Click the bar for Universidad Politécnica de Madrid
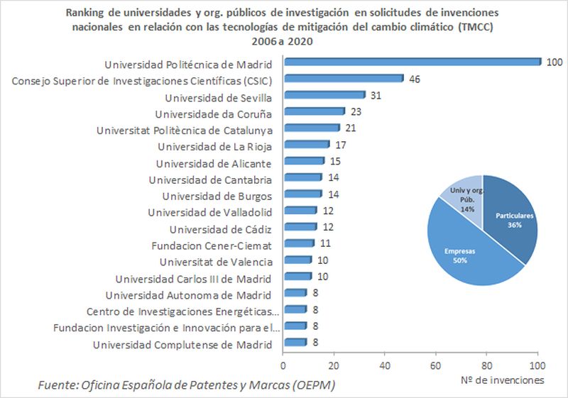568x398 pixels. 412,62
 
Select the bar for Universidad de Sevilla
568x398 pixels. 324,95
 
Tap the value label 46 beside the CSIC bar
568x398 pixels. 415,79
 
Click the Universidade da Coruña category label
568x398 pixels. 214,114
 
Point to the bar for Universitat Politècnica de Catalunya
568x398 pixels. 311,128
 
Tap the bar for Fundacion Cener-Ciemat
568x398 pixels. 298,243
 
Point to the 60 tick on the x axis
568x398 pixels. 436,366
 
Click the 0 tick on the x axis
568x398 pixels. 284,366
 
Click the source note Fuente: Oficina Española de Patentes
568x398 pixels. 186,385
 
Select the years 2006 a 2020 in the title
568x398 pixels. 283,41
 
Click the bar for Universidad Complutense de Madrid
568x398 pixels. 295,343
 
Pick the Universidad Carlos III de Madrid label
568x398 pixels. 194,278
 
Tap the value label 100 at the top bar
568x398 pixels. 555,62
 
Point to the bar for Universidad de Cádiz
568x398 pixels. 300,227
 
